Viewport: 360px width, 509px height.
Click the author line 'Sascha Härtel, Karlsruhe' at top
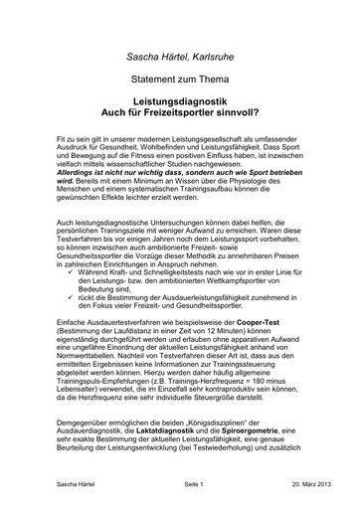point(180,60)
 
